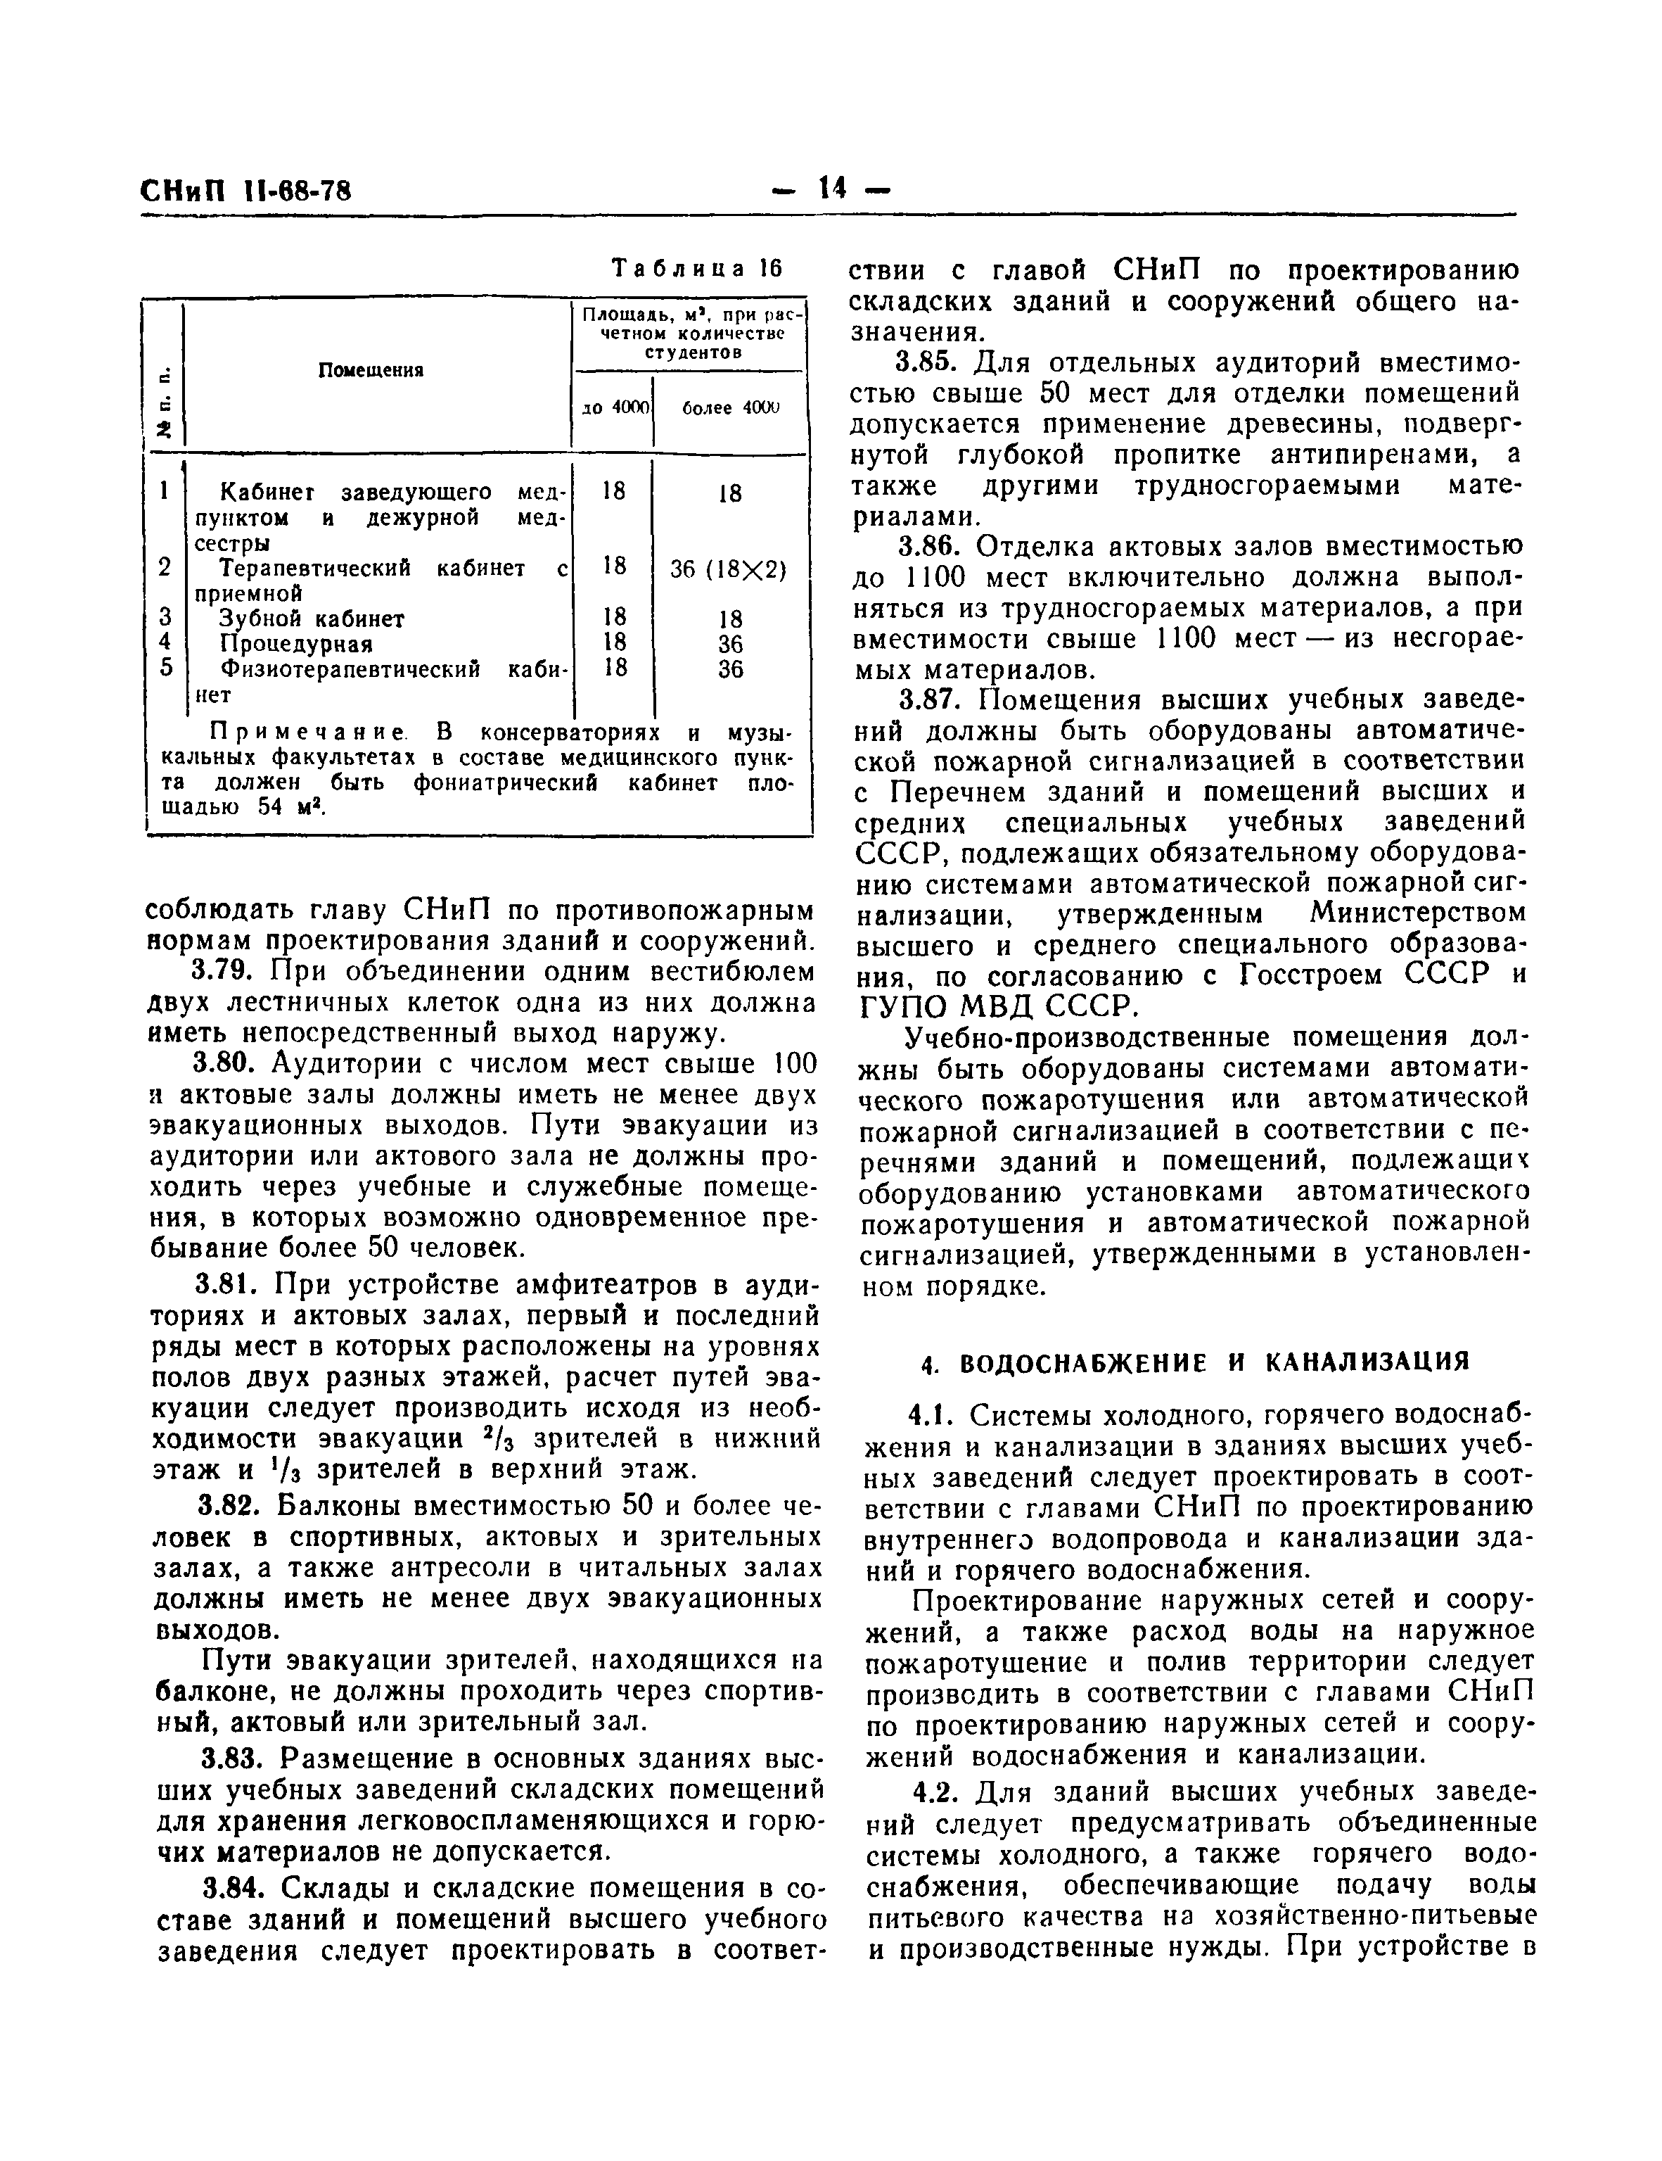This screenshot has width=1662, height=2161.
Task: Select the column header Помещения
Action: (371, 370)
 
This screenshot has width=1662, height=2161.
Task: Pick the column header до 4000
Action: (613, 407)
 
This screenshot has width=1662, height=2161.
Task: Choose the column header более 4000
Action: (730, 407)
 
